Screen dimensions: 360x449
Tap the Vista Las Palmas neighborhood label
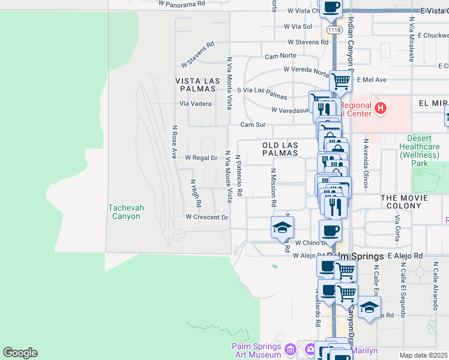(x=195, y=84)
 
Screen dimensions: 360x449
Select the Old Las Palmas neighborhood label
(x=280, y=149)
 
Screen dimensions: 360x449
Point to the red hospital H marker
(x=379, y=108)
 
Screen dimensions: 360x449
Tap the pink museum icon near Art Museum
(x=291, y=349)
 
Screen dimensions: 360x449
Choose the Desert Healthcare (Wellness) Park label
(x=423, y=151)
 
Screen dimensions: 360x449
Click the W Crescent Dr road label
(x=207, y=217)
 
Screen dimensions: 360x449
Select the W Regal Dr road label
(x=201, y=158)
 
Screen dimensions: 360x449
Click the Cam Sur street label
(x=253, y=125)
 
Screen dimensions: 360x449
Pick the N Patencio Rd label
(x=239, y=176)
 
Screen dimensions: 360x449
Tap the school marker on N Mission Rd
(x=282, y=228)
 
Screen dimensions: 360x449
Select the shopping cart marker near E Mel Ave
(x=340, y=80)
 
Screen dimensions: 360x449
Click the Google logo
(x=20, y=353)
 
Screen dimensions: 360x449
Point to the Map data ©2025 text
(x=423, y=355)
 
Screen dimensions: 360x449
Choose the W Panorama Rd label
(x=182, y=3)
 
